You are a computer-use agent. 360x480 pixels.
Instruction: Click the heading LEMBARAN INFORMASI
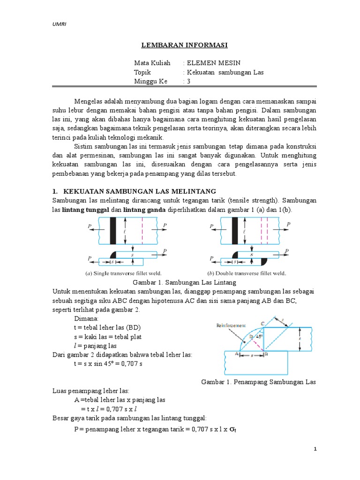pyautogui.click(x=185, y=45)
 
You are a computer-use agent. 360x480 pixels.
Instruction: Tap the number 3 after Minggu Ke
pyautogui.click(x=189, y=81)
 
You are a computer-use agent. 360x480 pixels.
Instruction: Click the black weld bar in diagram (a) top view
pyautogui.click(x=112, y=231)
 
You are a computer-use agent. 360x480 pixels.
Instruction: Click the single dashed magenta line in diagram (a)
pyautogui.click(x=142, y=231)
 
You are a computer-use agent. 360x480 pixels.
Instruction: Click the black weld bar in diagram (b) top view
pyautogui.click(x=235, y=231)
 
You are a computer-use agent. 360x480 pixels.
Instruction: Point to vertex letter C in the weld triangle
pyautogui.click(x=262, y=323)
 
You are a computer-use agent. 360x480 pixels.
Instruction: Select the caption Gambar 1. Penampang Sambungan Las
pyautogui.click(x=258, y=382)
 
